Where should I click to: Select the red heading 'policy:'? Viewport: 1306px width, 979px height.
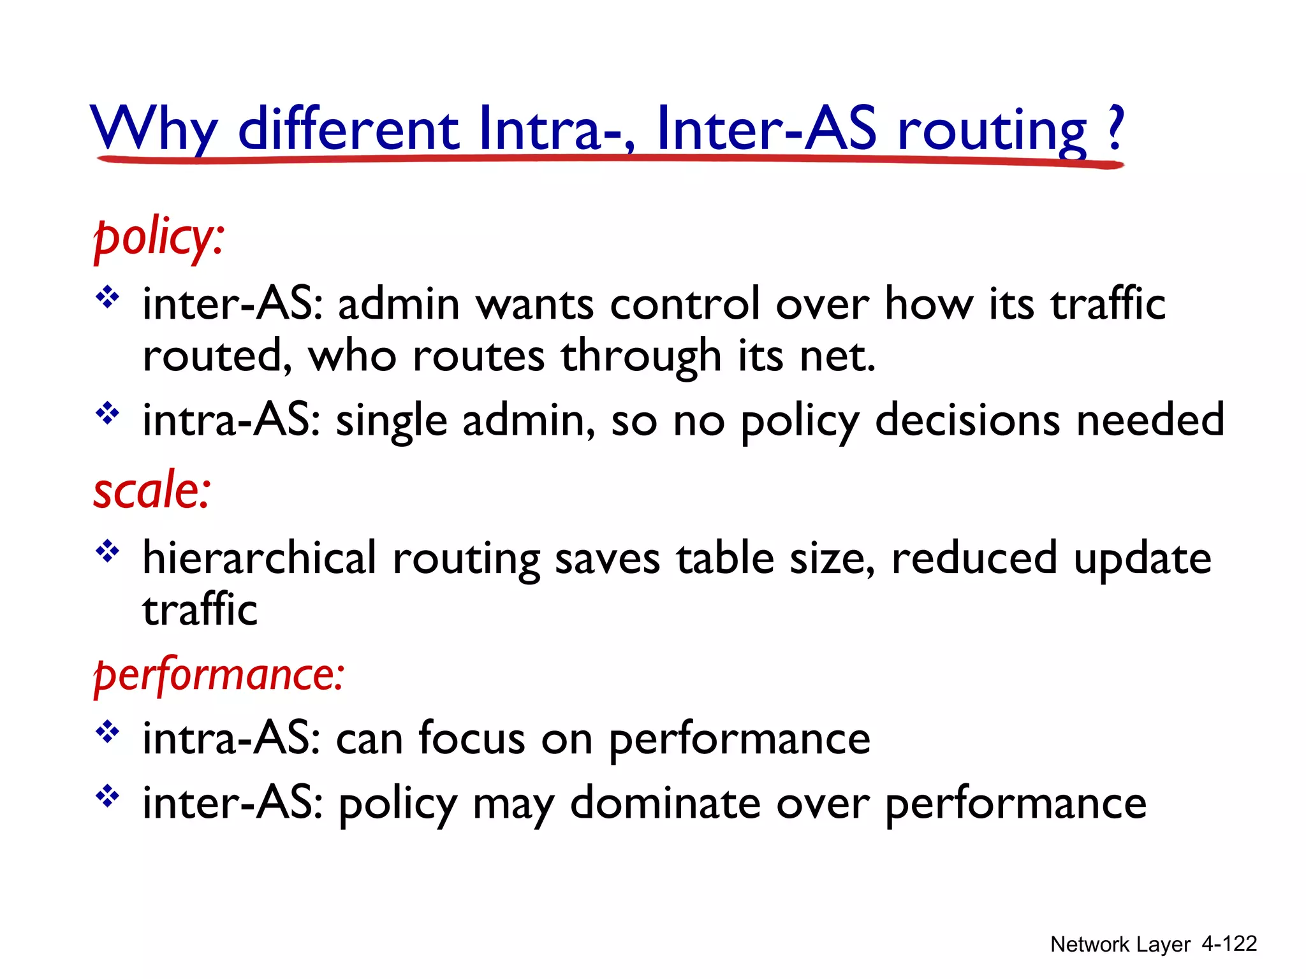coord(159,238)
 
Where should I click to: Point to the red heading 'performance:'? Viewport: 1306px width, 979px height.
coord(219,675)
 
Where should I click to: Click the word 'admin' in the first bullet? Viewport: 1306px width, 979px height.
coord(399,304)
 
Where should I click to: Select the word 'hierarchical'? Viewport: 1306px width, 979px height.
coord(259,558)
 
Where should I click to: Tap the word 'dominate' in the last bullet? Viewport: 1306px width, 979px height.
coord(664,803)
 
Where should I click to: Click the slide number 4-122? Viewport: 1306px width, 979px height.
coord(1229,943)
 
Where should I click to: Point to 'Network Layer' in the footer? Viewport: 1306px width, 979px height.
coord(1120,944)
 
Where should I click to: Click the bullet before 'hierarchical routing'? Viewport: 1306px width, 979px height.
coord(108,551)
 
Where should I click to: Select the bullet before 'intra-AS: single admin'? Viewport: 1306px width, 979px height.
coord(108,414)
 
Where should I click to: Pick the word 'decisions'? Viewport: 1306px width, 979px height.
coord(967,420)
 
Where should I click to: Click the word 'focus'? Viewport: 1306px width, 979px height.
coord(471,739)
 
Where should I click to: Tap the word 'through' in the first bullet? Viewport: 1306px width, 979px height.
coord(641,357)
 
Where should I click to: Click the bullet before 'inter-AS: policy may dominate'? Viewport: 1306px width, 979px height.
coord(108,796)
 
